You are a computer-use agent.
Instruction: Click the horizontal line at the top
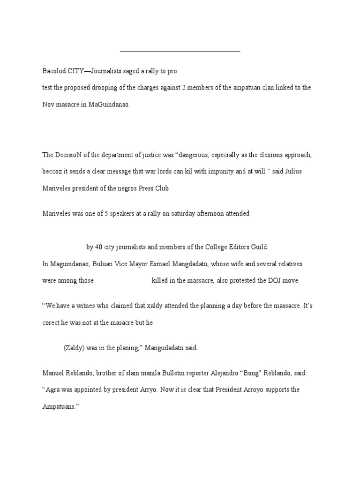(180, 51)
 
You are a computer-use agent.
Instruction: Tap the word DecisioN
(70, 155)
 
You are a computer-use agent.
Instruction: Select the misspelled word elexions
(266, 155)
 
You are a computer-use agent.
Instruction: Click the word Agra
(55, 390)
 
